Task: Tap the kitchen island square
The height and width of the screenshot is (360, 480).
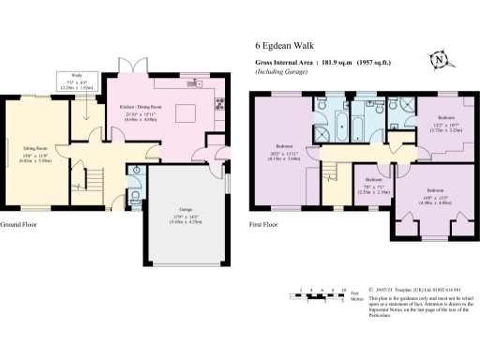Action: tap(185, 113)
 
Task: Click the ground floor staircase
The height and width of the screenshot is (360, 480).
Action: tap(94, 175)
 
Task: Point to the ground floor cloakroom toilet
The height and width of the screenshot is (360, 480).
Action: tap(137, 195)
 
